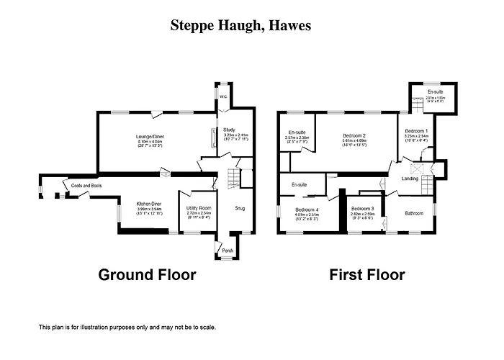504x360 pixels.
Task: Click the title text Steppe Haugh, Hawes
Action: point(240,26)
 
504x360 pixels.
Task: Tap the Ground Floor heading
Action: point(147,274)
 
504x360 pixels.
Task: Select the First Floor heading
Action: point(367,274)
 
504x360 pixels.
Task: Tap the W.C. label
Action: point(223,96)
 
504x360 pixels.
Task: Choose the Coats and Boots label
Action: point(86,186)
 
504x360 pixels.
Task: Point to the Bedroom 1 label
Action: point(416,130)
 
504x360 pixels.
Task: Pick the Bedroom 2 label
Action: point(355,135)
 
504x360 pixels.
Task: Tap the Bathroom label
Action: point(414,213)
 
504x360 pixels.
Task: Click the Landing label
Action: point(410,179)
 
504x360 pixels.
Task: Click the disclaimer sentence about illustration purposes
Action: point(127,326)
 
